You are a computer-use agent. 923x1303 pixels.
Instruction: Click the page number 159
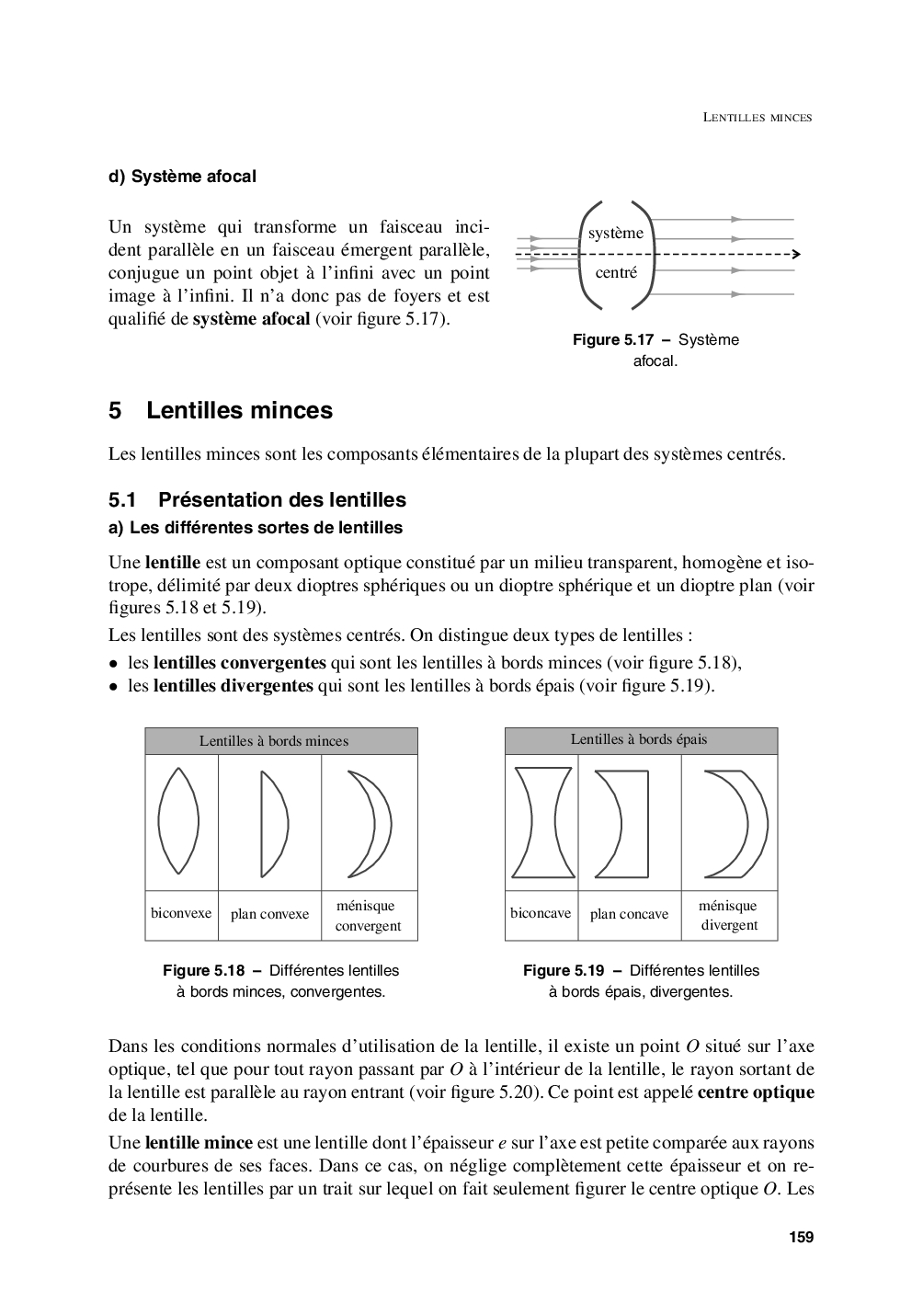[801, 1237]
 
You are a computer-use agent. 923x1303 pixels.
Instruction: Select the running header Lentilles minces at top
[758, 118]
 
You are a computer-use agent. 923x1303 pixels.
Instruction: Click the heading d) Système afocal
[182, 176]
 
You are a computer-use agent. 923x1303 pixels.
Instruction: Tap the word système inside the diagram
[616, 234]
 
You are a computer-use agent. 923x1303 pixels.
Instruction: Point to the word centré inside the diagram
[616, 272]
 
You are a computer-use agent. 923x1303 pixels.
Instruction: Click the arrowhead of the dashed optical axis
[795, 254]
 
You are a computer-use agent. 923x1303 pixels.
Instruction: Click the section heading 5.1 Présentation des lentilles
[256, 499]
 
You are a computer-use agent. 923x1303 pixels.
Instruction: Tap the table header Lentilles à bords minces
[274, 741]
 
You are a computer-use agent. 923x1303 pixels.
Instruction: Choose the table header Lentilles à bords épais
[639, 739]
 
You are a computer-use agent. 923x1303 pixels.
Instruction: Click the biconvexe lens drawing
[178, 820]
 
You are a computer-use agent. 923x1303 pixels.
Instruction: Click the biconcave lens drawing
[541, 822]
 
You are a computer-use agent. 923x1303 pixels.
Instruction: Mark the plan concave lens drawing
[625, 824]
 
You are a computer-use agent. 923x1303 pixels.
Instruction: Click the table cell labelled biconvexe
[181, 913]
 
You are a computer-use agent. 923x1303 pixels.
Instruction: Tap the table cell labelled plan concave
[629, 914]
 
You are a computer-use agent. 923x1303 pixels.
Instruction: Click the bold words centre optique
[756, 1092]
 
